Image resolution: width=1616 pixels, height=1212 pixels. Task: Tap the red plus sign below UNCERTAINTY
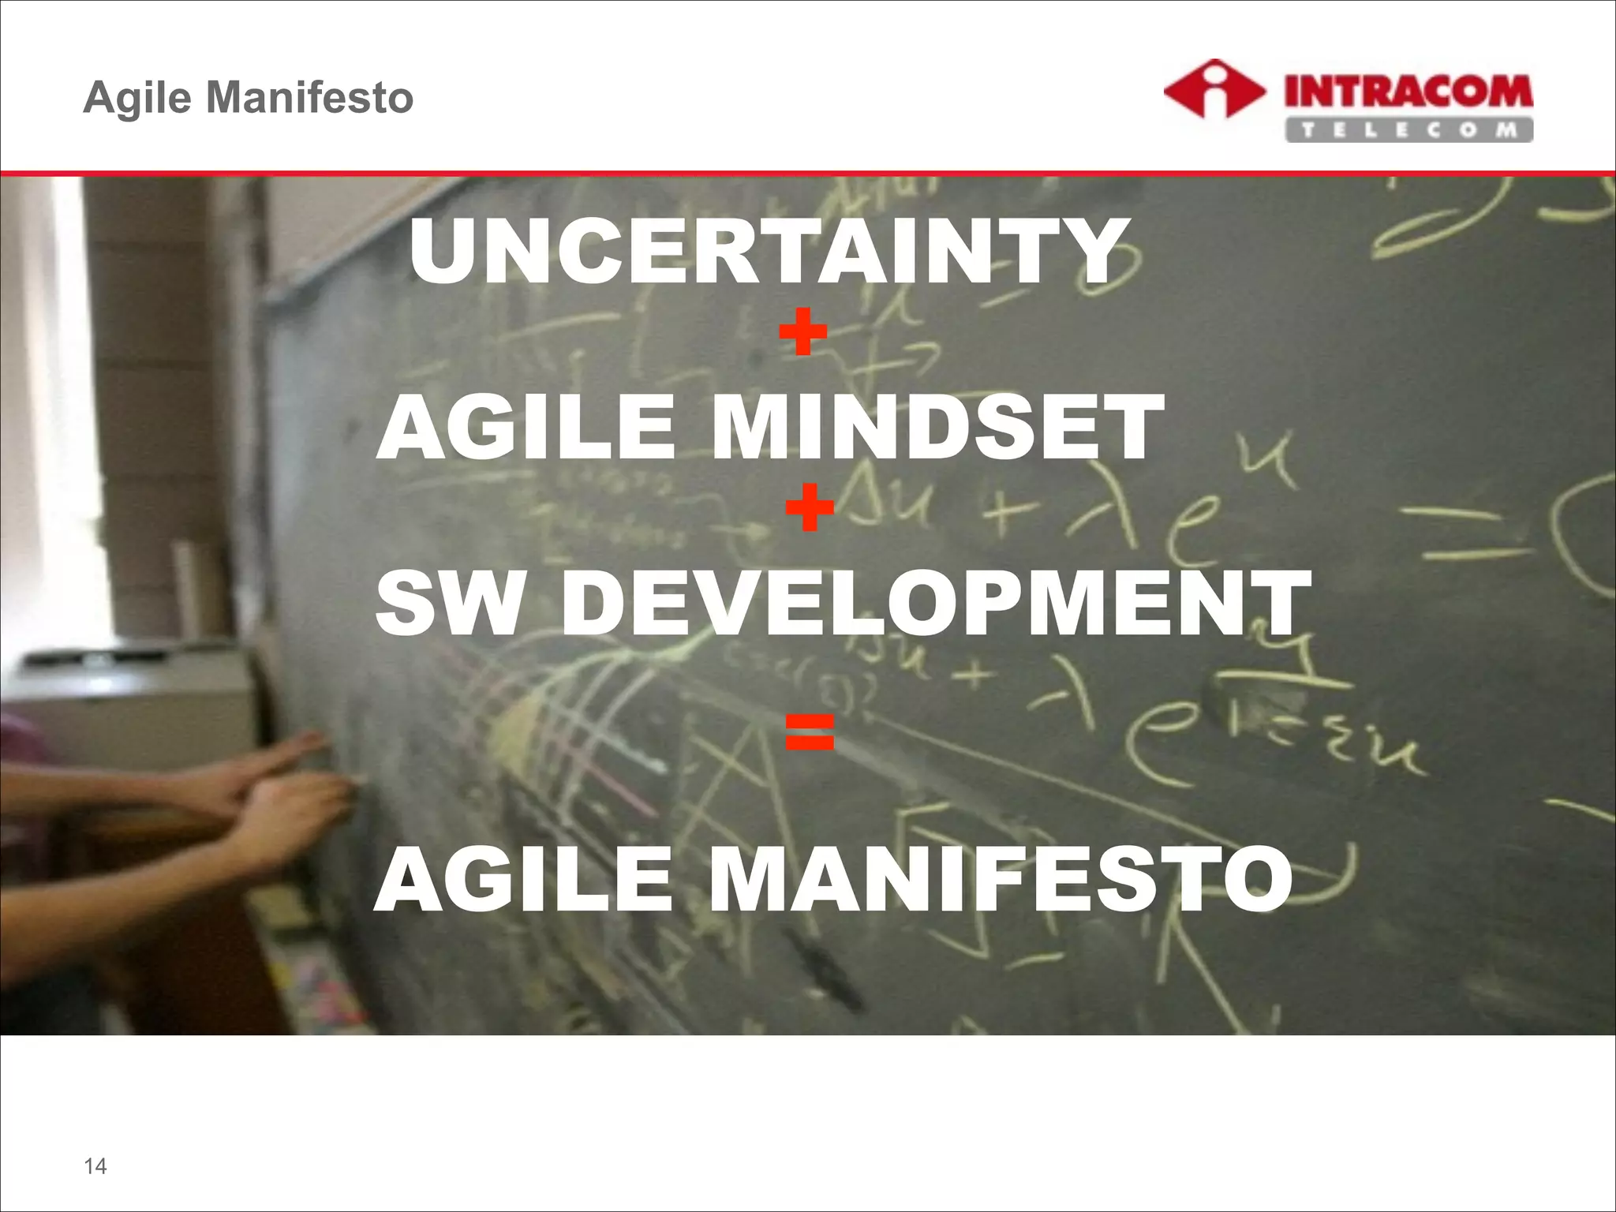802,331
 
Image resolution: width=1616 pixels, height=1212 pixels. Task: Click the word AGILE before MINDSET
526,428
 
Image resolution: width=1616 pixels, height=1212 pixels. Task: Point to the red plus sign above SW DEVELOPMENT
810,507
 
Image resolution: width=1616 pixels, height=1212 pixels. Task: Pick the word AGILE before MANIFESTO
524,878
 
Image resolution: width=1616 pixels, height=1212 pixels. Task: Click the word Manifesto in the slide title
309,98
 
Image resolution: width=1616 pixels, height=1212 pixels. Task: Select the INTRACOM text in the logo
1408,92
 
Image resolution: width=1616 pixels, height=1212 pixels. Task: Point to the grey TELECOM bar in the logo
1408,130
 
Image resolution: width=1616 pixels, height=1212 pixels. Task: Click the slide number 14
95,1166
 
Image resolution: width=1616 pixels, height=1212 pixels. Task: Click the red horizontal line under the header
808,172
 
